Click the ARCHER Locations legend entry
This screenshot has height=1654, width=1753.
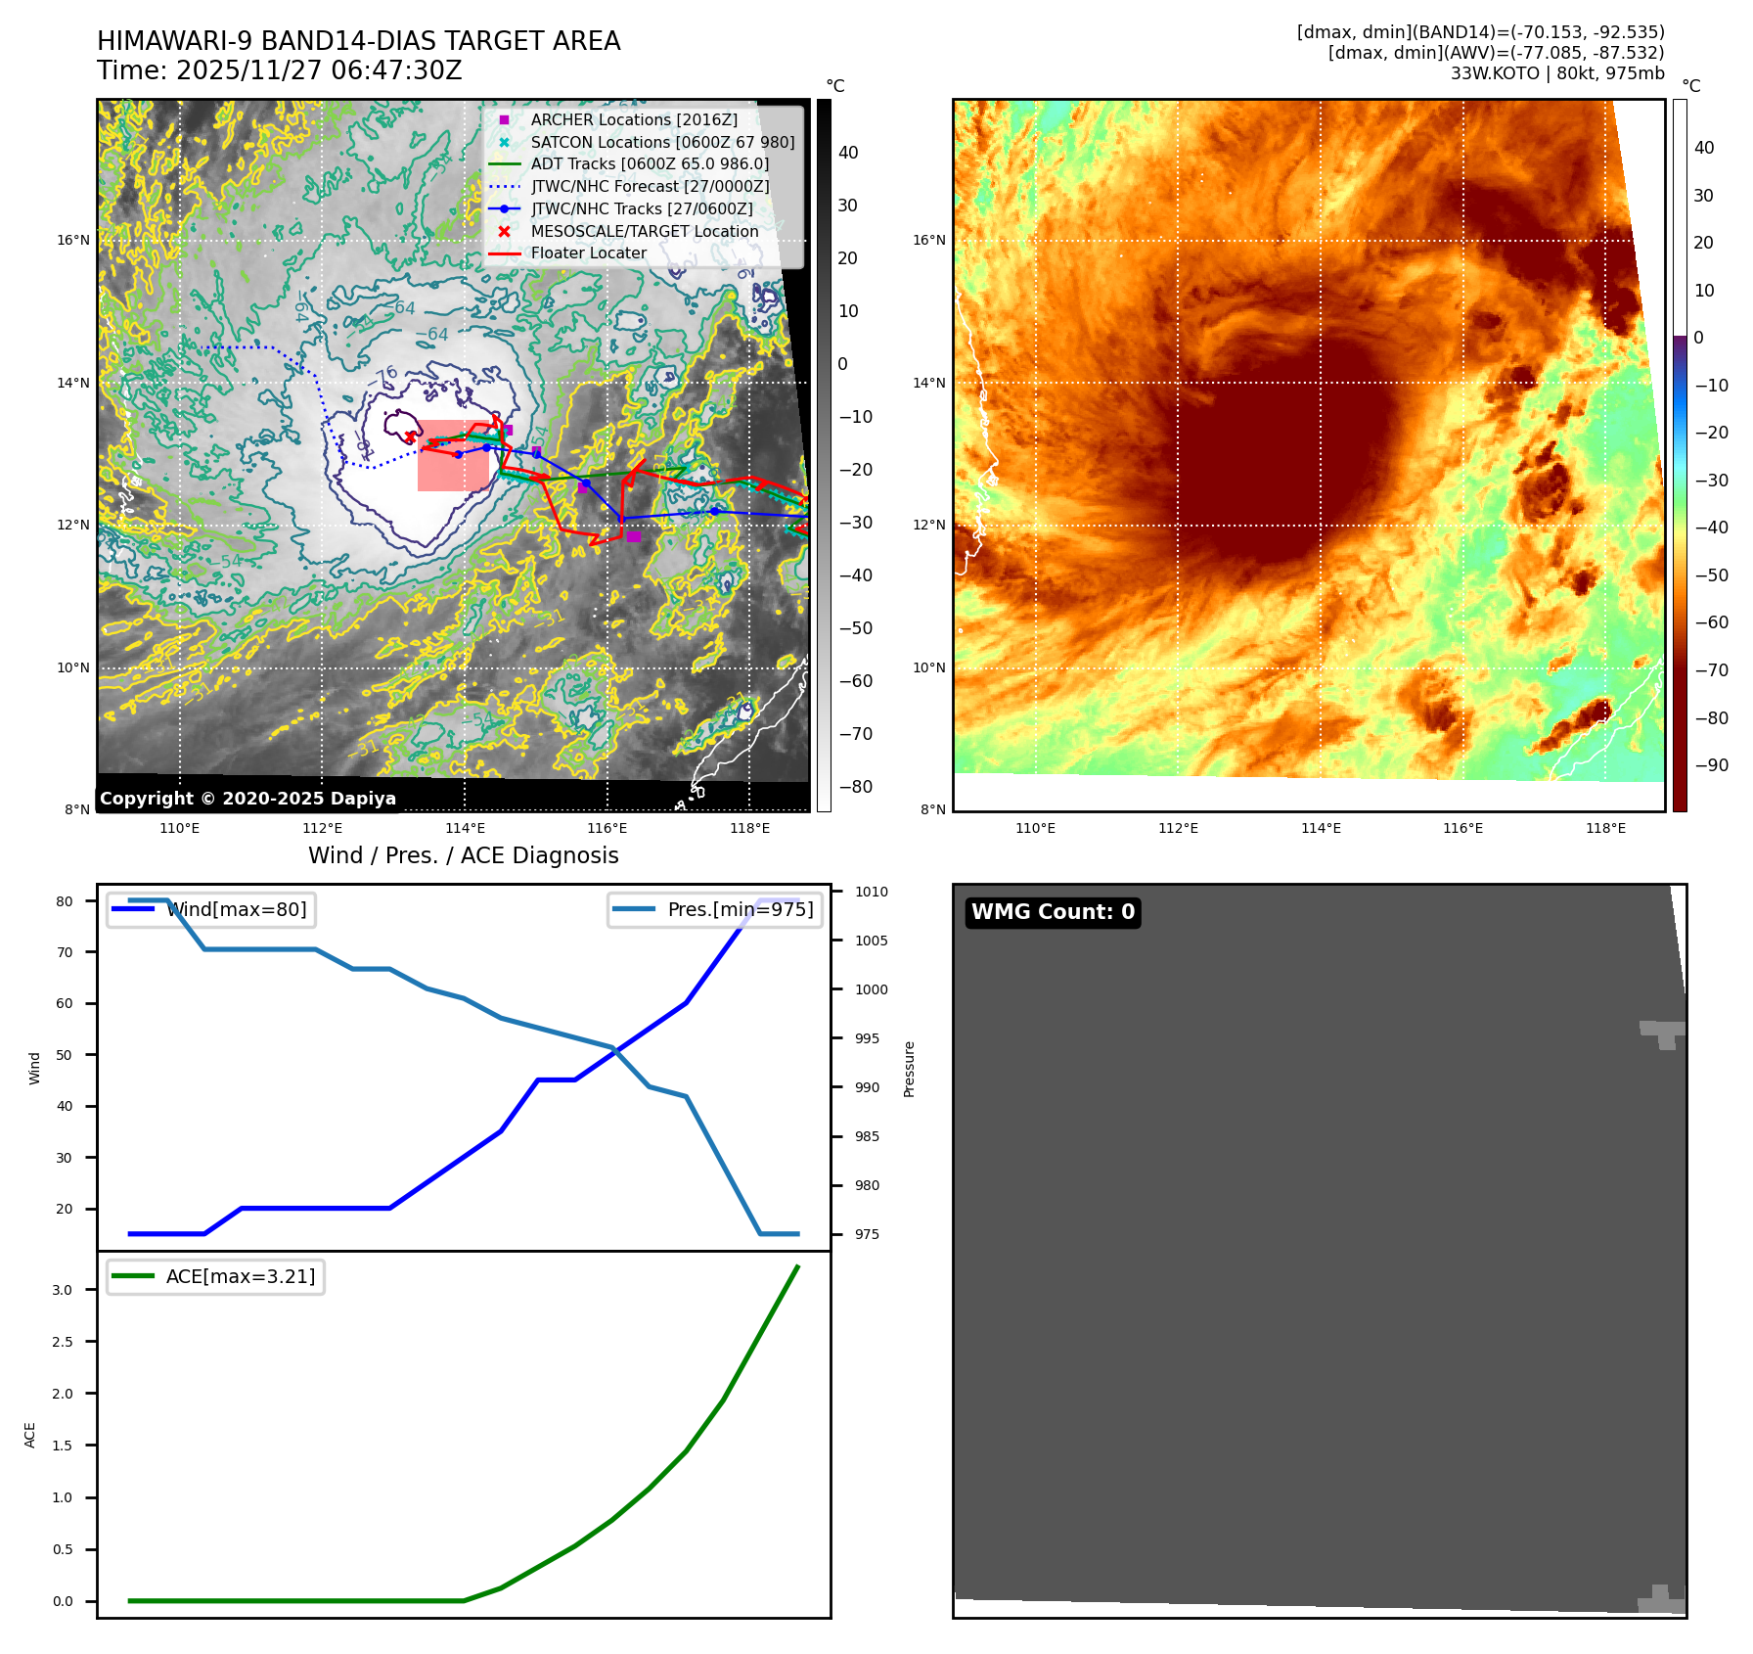point(634,119)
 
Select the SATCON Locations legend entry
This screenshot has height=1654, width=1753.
point(662,142)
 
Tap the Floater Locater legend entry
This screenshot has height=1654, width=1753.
point(588,253)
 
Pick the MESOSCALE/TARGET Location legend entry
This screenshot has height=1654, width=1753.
point(644,231)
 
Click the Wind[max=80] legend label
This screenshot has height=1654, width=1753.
point(238,909)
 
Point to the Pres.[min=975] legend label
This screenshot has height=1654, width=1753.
point(741,909)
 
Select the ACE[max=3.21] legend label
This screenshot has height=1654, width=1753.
point(241,1276)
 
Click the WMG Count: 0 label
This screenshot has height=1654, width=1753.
point(1053,912)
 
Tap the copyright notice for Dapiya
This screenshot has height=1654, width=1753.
point(247,798)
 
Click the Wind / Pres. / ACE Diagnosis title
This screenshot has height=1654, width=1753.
point(463,855)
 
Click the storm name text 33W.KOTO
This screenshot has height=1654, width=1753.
point(1495,73)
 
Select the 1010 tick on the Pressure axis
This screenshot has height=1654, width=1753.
point(871,892)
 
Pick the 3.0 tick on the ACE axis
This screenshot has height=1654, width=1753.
point(63,1290)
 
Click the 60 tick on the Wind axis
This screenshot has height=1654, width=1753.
point(65,1003)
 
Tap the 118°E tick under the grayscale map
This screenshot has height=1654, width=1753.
point(749,828)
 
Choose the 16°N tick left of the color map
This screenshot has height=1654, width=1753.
point(928,240)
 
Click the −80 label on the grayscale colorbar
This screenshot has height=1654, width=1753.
point(855,787)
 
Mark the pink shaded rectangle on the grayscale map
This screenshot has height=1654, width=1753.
point(453,456)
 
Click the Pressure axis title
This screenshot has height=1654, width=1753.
point(909,1069)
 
